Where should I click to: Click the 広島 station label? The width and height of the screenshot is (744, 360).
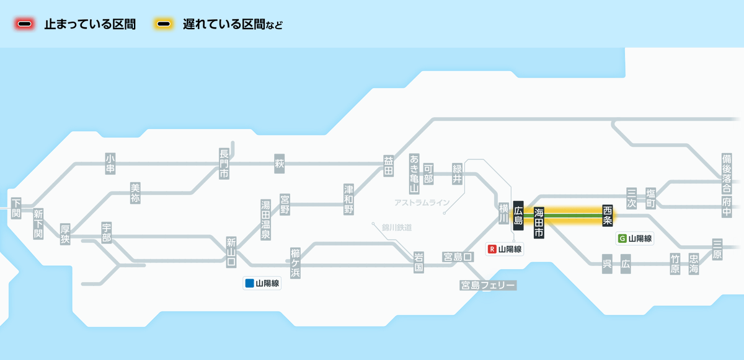point(519,215)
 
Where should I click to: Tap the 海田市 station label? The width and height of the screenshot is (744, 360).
point(539,222)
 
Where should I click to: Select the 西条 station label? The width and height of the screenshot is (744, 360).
point(608,215)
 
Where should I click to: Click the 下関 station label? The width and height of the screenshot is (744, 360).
point(16,208)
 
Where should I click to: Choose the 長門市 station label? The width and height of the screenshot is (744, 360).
point(224,164)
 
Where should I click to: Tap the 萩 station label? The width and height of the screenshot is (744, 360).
point(279,164)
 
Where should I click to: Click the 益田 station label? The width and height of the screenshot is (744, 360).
point(389,165)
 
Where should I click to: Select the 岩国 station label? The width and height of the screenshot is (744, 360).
point(419,263)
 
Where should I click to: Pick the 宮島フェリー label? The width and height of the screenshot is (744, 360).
point(488,285)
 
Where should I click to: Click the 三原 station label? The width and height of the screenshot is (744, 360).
point(717,248)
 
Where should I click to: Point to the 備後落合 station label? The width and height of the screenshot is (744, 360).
point(727,168)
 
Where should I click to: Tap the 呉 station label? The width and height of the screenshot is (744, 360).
point(607,263)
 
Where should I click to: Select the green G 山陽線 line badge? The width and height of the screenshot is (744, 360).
point(635,238)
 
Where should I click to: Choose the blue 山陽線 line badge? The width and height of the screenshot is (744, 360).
point(262,284)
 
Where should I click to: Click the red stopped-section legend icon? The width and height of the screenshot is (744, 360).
point(25,25)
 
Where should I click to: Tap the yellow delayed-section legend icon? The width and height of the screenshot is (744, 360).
point(164,25)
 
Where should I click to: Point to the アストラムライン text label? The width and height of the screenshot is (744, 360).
point(422,203)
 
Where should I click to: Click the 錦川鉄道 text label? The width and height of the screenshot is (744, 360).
point(397,227)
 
